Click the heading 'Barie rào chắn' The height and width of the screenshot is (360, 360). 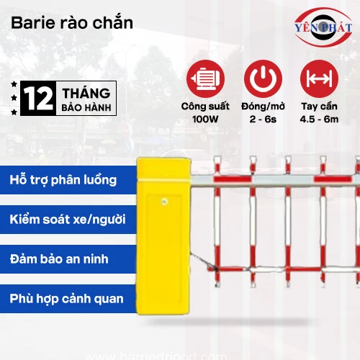72,22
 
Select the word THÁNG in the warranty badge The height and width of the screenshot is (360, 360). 86,94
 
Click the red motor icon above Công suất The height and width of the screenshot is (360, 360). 204,78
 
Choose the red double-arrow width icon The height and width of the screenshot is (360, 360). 319,78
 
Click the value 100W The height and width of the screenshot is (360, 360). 204,118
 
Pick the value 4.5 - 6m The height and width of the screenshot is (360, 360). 319,118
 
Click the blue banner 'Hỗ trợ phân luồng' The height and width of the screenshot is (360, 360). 65,179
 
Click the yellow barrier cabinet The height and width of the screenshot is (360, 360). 163,245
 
